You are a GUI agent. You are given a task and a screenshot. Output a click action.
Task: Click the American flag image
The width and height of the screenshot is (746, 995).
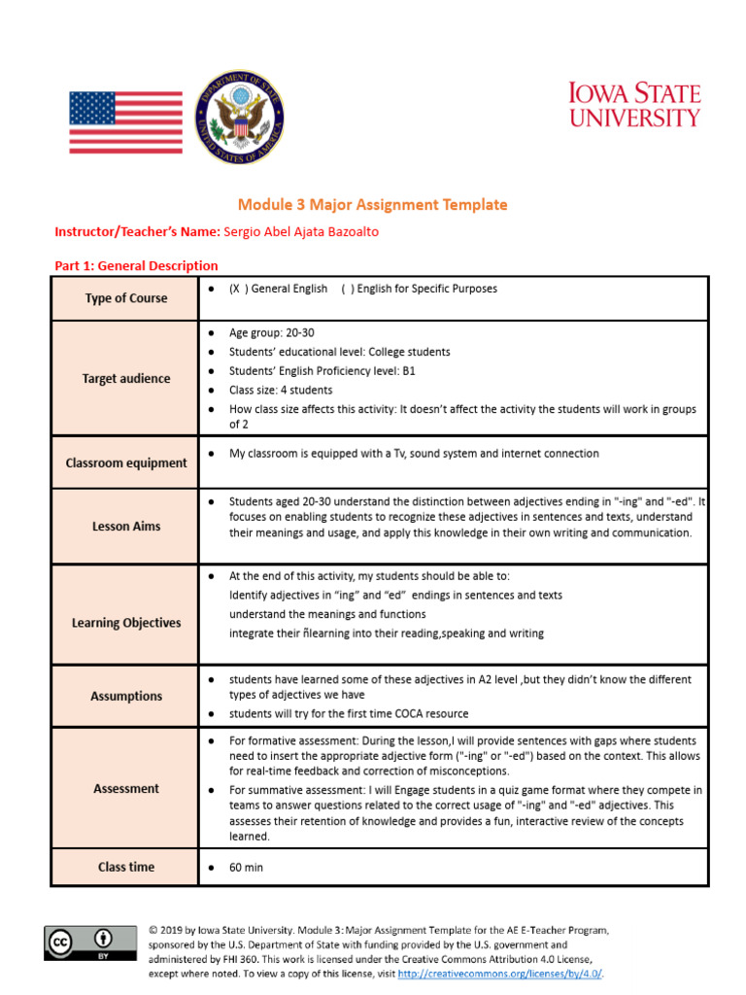[125, 122]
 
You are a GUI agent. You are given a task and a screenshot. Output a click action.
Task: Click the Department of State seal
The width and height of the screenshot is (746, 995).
[240, 118]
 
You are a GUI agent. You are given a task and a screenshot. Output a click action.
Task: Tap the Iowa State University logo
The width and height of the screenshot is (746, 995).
[634, 105]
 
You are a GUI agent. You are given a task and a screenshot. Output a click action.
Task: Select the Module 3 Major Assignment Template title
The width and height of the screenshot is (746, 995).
[373, 204]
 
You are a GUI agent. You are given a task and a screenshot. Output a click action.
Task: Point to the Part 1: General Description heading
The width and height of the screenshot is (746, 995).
[136, 265]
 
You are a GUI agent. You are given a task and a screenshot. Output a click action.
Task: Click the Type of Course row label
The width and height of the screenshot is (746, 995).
[125, 298]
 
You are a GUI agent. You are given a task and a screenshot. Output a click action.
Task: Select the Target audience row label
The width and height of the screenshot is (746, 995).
[125, 379]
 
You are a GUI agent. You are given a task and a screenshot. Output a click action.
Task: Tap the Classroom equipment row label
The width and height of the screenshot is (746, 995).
[125, 463]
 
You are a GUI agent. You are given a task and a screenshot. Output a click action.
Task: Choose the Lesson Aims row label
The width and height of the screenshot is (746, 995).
[125, 526]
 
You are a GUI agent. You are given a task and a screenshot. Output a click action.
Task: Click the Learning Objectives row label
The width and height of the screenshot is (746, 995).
[125, 623]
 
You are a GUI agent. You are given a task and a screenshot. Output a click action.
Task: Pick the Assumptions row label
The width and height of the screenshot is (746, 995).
[125, 696]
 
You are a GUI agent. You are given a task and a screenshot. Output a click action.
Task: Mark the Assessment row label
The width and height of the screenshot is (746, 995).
[125, 789]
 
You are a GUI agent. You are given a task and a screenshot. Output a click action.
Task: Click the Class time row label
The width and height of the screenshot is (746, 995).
[125, 867]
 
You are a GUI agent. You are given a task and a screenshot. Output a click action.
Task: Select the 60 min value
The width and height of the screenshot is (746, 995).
[246, 867]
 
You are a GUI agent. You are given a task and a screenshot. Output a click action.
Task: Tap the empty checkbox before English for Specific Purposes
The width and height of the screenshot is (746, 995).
[347, 289]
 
